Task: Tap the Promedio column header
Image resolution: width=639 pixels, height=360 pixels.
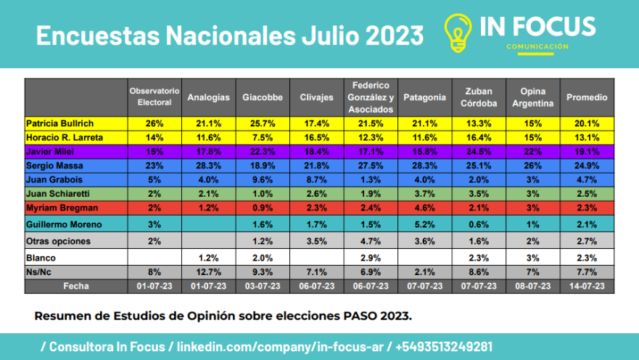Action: (587, 97)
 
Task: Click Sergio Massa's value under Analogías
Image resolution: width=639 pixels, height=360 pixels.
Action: (208, 165)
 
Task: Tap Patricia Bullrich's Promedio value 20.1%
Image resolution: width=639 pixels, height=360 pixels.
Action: (587, 123)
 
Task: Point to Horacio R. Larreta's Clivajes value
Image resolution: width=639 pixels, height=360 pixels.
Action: (316, 137)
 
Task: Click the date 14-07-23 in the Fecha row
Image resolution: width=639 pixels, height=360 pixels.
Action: (587, 287)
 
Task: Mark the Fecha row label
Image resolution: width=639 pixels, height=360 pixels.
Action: (75, 287)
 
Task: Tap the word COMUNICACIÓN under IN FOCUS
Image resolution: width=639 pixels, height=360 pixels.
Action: (537, 47)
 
